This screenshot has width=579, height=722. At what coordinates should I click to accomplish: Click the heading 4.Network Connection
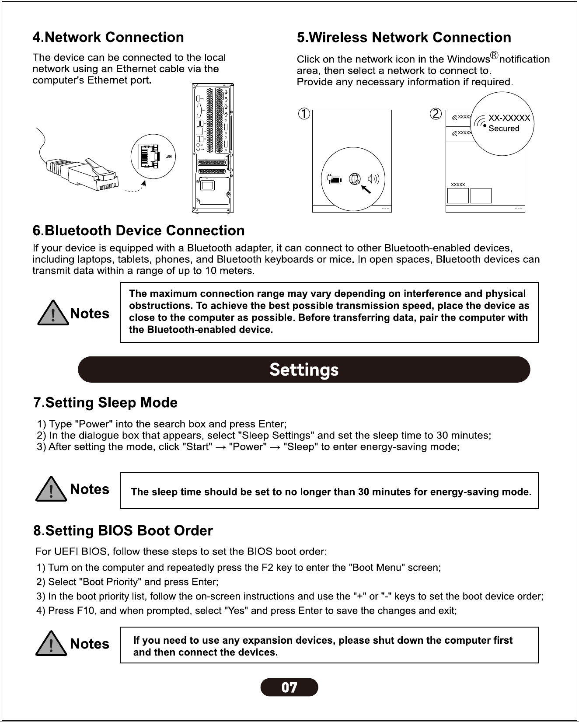108,38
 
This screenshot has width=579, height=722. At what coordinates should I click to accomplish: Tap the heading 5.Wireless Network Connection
404,38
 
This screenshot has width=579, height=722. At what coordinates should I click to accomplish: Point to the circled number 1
304,114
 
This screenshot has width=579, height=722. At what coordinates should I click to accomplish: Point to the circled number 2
436,114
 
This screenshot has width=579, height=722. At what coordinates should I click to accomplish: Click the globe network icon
355,179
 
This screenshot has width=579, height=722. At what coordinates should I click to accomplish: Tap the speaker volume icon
373,179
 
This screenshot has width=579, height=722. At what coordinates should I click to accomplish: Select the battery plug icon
334,179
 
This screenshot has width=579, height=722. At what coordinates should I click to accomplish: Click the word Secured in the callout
504,129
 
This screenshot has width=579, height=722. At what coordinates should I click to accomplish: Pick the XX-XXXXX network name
509,118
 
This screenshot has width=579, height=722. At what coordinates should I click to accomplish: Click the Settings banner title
304,370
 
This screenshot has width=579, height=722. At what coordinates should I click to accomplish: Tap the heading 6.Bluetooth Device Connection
139,230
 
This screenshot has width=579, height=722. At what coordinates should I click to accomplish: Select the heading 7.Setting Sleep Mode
105,402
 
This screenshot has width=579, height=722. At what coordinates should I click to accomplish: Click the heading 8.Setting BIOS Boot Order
123,530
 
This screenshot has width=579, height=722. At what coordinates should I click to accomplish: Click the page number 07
289,687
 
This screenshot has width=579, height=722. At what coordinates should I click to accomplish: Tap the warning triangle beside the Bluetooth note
53,313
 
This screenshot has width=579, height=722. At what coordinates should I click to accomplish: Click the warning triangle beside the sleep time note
51,489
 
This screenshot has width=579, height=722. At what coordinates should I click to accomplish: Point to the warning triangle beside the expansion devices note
51,643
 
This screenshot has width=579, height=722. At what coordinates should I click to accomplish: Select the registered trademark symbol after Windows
494,55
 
